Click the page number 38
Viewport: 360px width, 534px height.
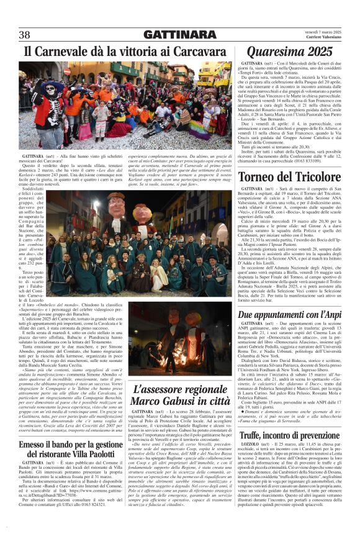point(25,35)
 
